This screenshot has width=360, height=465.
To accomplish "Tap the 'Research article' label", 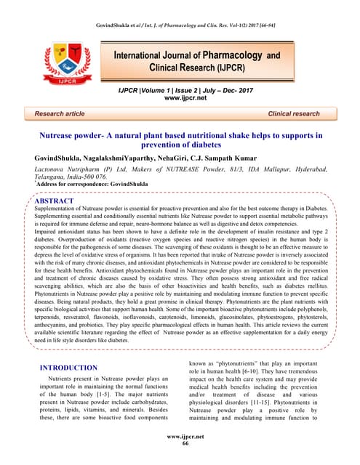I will point(52,114).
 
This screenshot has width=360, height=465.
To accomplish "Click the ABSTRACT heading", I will point(55,200).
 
